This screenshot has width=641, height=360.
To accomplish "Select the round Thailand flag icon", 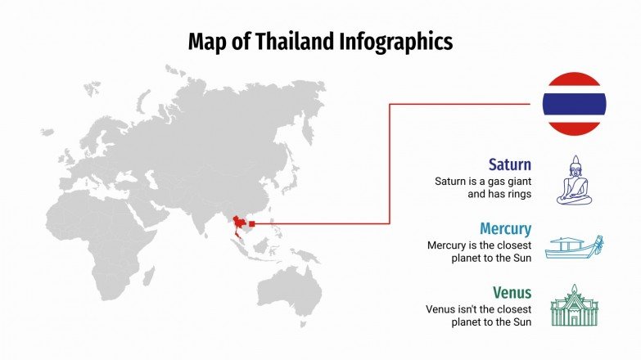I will click(x=574, y=104).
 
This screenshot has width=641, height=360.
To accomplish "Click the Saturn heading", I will click(x=510, y=164).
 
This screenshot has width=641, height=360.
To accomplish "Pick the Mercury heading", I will click(x=505, y=228).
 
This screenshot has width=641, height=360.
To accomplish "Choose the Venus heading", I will click(x=512, y=292).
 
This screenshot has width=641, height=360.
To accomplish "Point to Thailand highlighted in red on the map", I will click(x=240, y=225).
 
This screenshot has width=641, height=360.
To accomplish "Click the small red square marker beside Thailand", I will click(x=251, y=223).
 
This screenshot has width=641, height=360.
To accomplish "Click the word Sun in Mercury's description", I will click(x=521, y=259).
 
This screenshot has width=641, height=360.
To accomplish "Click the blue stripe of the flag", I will click(x=574, y=104).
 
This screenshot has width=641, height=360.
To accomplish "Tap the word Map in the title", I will click(x=205, y=41).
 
